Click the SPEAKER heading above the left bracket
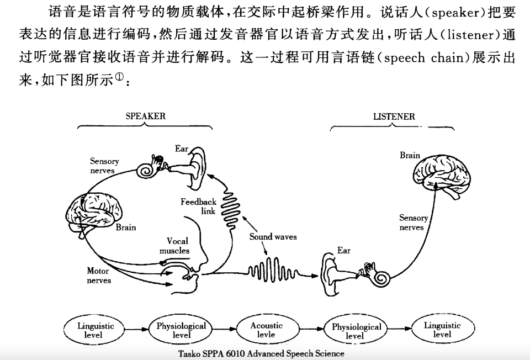click(x=145, y=117)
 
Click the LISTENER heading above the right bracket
click(x=394, y=117)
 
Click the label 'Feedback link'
click(x=199, y=207)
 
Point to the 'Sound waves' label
click(x=273, y=237)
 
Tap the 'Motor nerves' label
click(x=98, y=276)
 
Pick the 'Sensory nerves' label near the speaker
click(x=104, y=166)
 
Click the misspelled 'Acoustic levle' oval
click(x=266, y=330)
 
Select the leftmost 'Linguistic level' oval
click(x=93, y=330)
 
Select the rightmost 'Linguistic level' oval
click(x=442, y=330)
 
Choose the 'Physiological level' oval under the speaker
click(x=181, y=330)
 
